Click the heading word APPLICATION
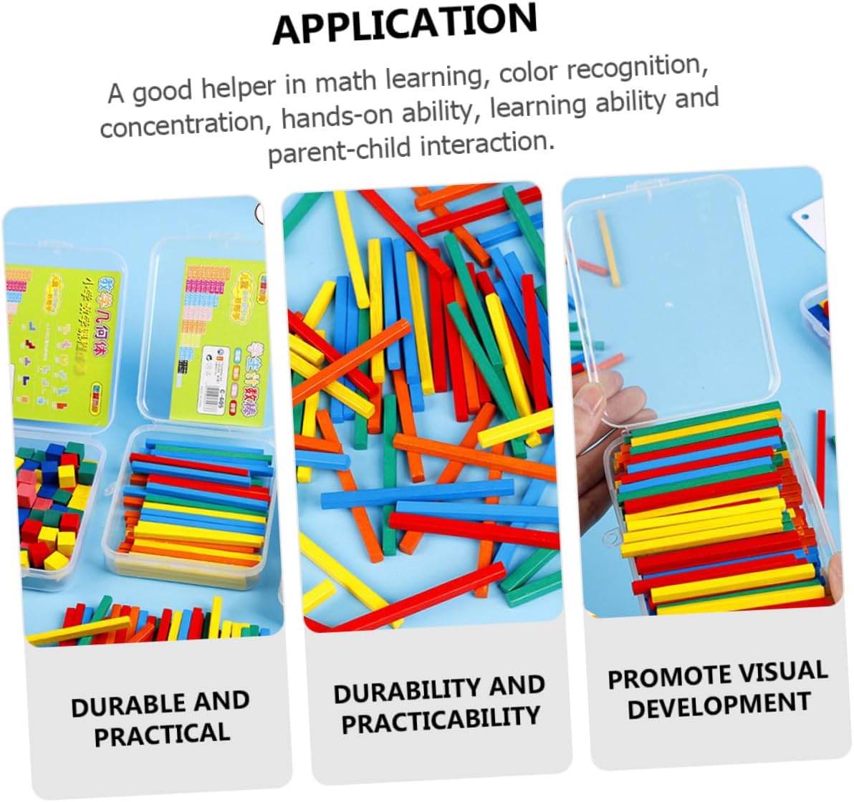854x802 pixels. pyautogui.click(x=405, y=23)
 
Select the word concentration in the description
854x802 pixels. pyautogui.click(x=183, y=123)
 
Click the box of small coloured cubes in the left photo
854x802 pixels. pyautogui.click(x=54, y=501)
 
